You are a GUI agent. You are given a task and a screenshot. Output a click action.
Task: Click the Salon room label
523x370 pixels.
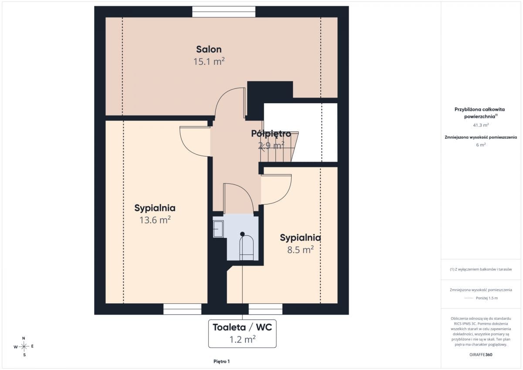pos(209,49)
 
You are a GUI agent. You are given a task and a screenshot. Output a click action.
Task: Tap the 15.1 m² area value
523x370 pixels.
pos(209,61)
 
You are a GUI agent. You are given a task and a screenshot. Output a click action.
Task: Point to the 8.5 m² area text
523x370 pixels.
pos(300,250)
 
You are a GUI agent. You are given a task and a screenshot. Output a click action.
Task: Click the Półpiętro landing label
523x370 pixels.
pos(271,133)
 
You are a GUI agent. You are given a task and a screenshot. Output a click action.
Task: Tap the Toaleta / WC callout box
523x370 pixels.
pos(242,333)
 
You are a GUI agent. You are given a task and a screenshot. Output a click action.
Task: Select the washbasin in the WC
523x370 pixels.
pos(218,229)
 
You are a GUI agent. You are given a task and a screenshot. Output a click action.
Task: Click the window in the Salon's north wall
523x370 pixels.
pos(224,12)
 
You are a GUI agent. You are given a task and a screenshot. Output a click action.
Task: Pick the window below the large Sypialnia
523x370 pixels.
pos(182,309)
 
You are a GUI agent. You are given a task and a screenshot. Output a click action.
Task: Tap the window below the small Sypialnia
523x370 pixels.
pos(265,309)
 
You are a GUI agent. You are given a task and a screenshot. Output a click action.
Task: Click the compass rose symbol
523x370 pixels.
pos(24,346)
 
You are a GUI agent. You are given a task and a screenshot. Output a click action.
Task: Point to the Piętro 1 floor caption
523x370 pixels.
pos(221,361)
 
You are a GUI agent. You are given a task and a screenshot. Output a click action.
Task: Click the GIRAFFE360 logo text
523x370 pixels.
pos(481,355)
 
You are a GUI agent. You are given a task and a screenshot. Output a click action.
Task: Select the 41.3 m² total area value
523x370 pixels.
pos(481,125)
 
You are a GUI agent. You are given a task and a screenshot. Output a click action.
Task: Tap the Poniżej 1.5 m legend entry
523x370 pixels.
pos(481,298)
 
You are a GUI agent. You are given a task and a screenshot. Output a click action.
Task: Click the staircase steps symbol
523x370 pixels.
pos(279,146)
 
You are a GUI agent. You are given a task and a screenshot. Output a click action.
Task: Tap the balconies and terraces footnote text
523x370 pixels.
pos(481,269)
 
